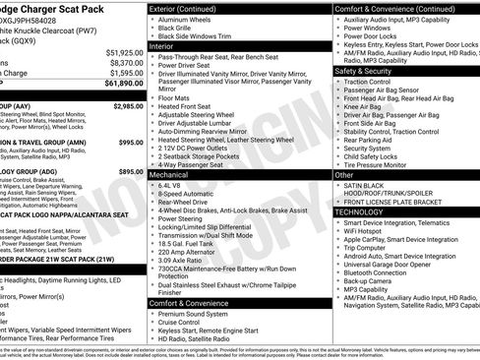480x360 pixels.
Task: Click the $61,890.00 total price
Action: click(x=117, y=86)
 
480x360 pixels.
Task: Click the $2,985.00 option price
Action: click(x=128, y=105)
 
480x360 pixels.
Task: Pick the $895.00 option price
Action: click(x=131, y=171)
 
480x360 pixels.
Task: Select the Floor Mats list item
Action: click(x=175, y=98)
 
